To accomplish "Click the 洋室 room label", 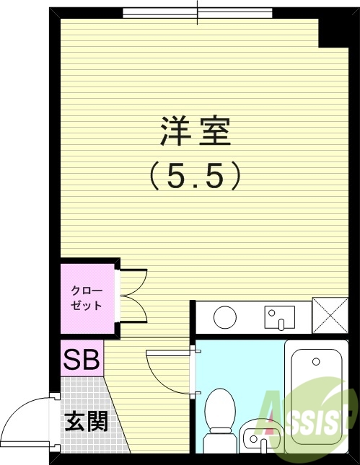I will pyautogui.click(x=195, y=130).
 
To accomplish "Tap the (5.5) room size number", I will pyautogui.click(x=195, y=175).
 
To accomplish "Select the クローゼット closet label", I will pyautogui.click(x=87, y=298).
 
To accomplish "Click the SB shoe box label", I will pyautogui.click(x=82, y=359).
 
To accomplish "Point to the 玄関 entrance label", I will pyautogui.click(x=87, y=420).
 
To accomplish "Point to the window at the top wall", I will pyautogui.click(x=198, y=13).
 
